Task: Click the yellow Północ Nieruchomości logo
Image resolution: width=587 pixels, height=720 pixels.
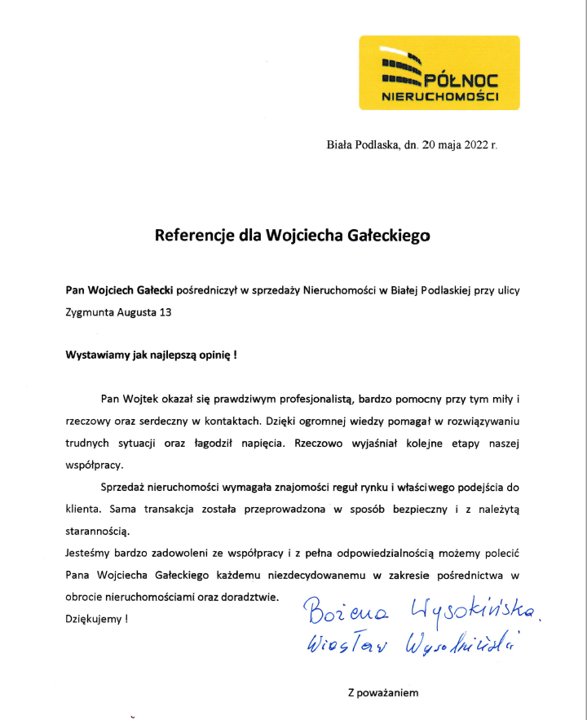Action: pyautogui.click(x=439, y=73)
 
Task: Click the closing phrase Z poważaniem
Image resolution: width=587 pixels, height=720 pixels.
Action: pyautogui.click(x=382, y=693)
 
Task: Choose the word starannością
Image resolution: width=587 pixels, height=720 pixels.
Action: pyautogui.click(x=97, y=531)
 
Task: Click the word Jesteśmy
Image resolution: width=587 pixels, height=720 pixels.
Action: pyautogui.click(x=87, y=553)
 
